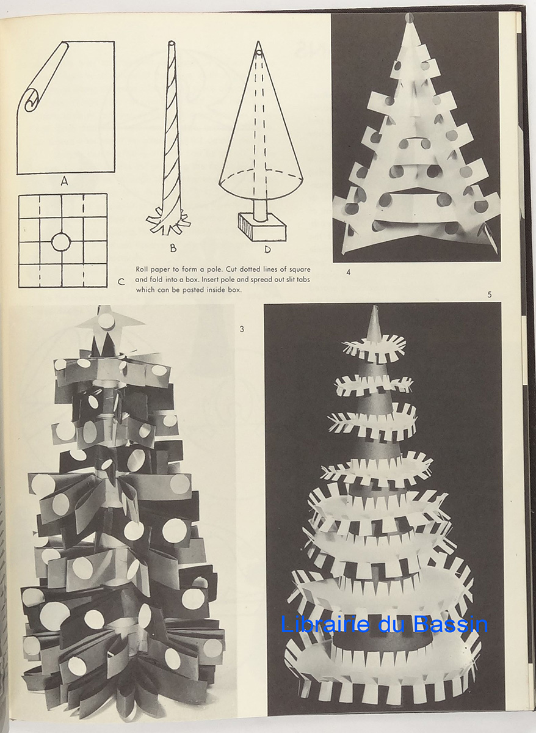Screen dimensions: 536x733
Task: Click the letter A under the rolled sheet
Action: pos(65,181)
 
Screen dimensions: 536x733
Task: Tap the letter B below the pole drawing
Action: pos(173,249)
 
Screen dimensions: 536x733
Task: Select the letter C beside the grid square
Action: pos(121,282)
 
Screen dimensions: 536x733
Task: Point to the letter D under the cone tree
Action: pos(267,249)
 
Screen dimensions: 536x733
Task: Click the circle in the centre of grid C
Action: pos(61,242)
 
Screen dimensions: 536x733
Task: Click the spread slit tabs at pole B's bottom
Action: pos(168,225)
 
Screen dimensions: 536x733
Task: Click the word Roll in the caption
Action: pos(142,269)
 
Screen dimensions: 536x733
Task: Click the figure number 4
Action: pos(349,272)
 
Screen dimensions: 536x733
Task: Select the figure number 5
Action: pos(489,295)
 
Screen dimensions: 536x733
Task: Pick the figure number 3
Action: pos(242,329)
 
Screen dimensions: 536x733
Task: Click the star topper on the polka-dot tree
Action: pos(109,321)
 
